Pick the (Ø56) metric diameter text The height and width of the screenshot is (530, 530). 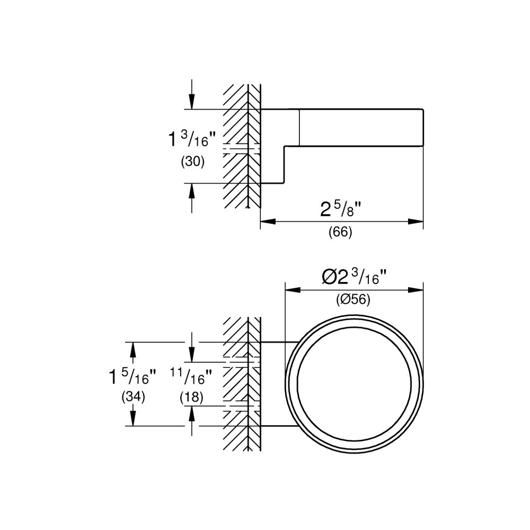353,299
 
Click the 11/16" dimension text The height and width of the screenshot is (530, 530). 191,377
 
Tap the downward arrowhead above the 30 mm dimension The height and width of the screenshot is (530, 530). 191,103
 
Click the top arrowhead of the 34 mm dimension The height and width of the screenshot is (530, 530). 132,348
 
